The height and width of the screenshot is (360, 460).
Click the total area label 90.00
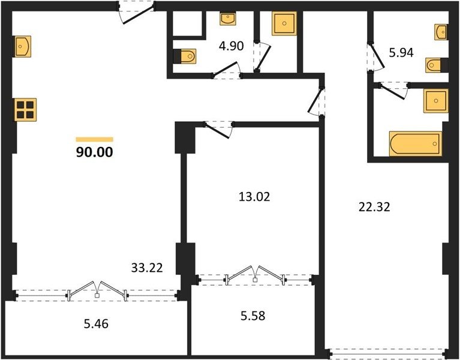(95, 152)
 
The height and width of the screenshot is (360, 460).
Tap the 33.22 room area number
(147, 268)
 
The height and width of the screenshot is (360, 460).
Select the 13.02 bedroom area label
(254, 197)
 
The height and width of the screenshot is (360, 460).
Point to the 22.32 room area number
(374, 207)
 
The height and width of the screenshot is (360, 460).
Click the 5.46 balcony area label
(96, 324)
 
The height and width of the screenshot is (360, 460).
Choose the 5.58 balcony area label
(252, 316)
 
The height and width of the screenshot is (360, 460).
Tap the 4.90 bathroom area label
(231, 46)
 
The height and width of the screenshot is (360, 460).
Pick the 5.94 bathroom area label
(401, 53)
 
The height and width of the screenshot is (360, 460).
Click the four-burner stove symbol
(25, 110)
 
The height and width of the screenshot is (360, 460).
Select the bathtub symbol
(416, 144)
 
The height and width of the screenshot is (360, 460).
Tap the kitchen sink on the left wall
(23, 46)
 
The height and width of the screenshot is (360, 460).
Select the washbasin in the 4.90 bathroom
(228, 19)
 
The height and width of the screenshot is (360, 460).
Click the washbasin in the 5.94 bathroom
(441, 32)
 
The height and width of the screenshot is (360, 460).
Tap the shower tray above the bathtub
(436, 101)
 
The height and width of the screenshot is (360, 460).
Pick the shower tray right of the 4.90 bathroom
(284, 23)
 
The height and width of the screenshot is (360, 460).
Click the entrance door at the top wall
(136, 13)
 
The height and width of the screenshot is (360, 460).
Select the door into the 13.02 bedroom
(218, 130)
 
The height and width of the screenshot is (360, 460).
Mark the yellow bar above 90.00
(95, 139)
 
